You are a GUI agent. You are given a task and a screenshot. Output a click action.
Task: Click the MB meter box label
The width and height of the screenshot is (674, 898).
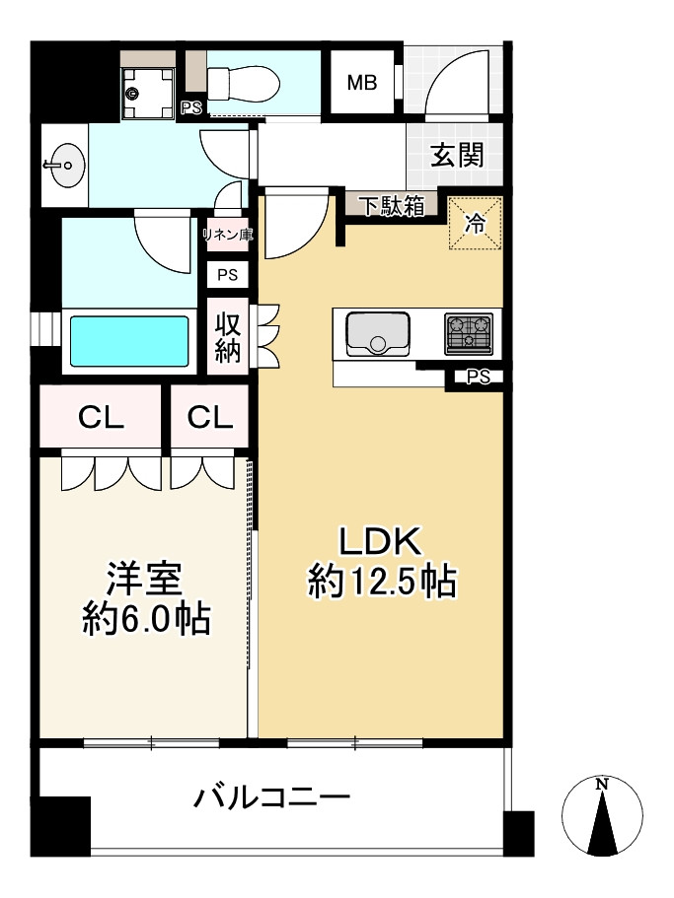pos(362,83)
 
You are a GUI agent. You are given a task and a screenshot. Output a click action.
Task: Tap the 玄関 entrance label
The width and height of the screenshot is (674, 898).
pos(457,155)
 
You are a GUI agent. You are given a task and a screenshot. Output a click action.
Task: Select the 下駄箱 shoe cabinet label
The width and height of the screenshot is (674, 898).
pos(391,206)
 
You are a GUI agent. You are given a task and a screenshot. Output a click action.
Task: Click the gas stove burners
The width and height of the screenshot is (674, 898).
pos(469,332)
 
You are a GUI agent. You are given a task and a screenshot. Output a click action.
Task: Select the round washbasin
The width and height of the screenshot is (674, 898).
pos(64,165)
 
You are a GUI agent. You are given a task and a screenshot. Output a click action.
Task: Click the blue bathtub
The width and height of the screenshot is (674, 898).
pos(128,342)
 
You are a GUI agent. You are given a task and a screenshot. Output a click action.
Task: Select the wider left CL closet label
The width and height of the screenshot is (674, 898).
pos(102,418)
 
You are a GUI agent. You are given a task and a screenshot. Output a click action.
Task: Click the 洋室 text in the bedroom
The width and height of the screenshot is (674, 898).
pos(144,579)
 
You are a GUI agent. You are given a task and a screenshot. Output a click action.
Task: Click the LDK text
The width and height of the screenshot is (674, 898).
pos(381,541)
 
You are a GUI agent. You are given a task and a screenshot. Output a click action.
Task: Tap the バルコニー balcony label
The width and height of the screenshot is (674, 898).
pos(270,796)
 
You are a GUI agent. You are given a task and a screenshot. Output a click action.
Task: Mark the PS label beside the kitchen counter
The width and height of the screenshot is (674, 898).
pos(479,376)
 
